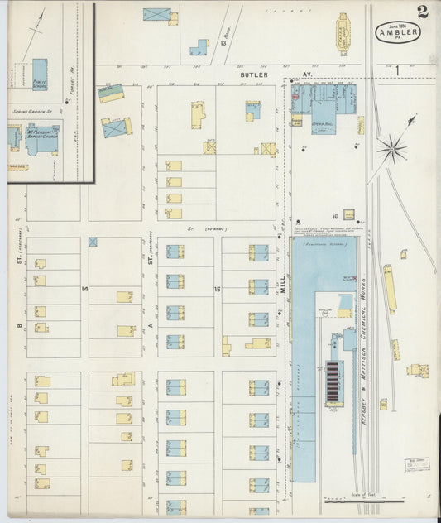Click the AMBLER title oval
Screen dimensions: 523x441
click(x=398, y=31)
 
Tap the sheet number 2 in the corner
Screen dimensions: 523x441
click(x=423, y=11)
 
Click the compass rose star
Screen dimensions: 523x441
click(x=391, y=150)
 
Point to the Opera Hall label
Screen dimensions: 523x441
click(x=321, y=124)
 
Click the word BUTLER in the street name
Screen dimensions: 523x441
click(x=255, y=74)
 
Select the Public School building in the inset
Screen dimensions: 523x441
click(x=40, y=74)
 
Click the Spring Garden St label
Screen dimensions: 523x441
click(x=31, y=110)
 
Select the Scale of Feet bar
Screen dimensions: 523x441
click(x=362, y=500)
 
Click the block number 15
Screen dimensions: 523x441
click(x=218, y=289)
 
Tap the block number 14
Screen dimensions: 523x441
click(x=84, y=288)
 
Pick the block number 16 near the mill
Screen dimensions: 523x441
click(x=335, y=214)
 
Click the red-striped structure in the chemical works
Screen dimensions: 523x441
click(x=333, y=381)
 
